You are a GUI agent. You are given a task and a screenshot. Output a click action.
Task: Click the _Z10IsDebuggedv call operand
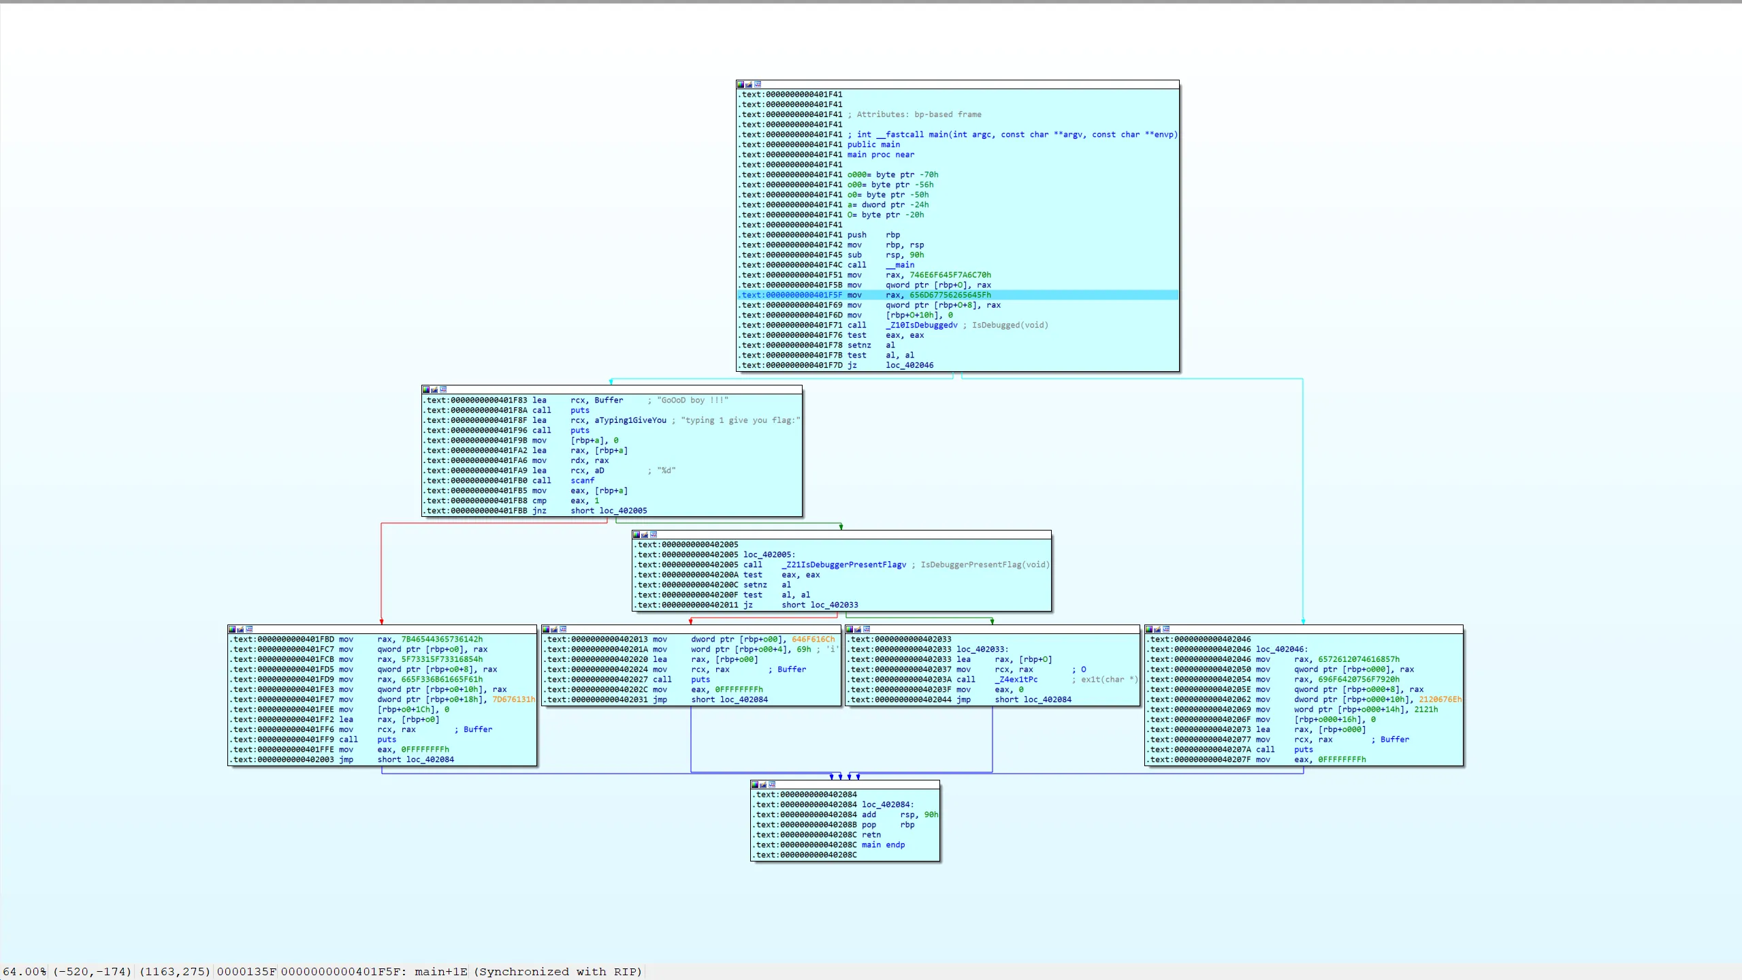921,325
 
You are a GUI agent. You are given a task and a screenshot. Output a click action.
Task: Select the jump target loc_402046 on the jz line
909,365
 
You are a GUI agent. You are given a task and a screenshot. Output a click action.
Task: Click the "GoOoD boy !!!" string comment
692,400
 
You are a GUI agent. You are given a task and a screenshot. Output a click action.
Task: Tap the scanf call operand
582,480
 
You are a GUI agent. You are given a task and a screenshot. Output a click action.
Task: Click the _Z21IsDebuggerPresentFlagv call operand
843,565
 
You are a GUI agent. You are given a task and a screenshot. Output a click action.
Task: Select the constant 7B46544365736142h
442,639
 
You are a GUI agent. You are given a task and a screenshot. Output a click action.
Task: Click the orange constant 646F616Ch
813,639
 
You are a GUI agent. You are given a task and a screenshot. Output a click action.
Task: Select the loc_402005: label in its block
769,554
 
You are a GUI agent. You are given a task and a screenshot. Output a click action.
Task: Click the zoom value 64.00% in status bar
25,971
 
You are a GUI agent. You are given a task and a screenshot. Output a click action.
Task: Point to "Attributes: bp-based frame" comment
918,114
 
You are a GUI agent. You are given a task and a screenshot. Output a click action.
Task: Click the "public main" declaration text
873,144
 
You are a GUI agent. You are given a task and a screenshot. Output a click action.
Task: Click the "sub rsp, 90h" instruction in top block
885,255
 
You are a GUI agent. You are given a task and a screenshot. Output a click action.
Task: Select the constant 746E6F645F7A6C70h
950,274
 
